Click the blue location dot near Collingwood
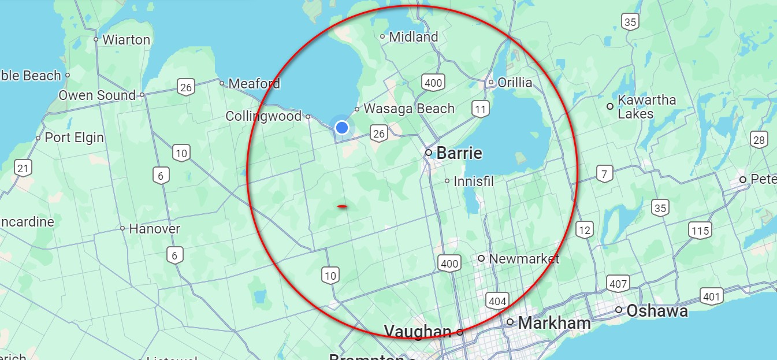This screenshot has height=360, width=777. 342,127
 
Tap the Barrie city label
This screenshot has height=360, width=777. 459,153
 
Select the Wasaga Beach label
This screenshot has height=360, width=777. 408,109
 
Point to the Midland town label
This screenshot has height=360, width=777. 414,37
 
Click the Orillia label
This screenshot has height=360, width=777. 514,83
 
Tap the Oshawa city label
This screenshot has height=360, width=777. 657,311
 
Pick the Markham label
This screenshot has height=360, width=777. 554,322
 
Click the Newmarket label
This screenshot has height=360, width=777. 524,258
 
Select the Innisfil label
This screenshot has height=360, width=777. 474,181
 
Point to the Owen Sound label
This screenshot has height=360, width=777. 97,95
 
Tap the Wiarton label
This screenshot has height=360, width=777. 126,40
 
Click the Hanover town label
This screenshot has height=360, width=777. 154,229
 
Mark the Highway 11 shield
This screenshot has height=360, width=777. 480,108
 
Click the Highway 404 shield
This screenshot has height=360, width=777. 497,300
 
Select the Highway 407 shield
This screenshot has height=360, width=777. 618,283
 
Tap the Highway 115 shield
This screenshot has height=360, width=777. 700,231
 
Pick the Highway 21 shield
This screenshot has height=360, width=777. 23,169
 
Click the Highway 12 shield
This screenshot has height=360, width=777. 585,231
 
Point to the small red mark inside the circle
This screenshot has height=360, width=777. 342,206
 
